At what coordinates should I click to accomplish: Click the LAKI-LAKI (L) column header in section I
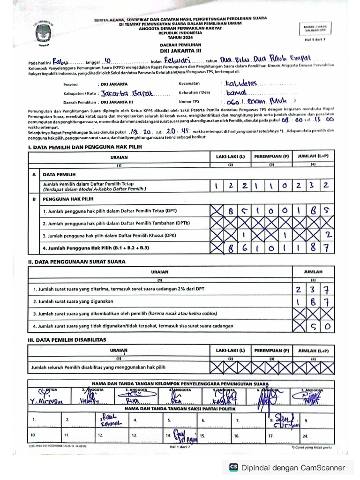pos(230,157)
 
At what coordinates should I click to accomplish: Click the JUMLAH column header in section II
pos(313,271)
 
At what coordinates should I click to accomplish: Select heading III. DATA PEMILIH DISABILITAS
pos(67,339)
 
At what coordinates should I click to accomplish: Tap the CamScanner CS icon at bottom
pos(233,467)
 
